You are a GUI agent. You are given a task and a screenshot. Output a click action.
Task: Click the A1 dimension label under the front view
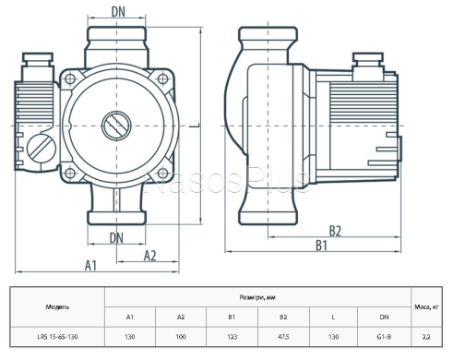90,265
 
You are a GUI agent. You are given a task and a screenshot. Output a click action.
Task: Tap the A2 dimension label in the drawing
150,256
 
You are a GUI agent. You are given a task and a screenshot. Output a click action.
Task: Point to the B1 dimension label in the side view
322,246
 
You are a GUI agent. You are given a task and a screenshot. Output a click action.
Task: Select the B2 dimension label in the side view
336,231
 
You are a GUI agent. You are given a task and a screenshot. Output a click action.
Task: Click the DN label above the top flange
118,12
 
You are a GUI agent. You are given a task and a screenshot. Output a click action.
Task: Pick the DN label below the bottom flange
116,238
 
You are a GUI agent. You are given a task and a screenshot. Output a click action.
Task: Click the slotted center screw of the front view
116,126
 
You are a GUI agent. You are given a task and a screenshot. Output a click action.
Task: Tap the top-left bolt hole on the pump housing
70,79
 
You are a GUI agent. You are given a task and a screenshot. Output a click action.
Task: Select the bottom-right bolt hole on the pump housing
162,173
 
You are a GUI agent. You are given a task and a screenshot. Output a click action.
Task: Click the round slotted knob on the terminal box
42,149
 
